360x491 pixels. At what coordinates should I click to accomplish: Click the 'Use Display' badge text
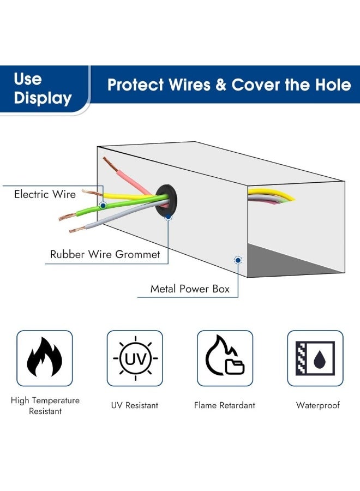[43, 88]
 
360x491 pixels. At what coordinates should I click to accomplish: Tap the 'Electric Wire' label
[45, 194]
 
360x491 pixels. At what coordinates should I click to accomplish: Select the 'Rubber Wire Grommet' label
[105, 254]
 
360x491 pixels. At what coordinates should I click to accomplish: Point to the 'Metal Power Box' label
[190, 289]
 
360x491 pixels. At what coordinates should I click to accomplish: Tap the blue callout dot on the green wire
[103, 205]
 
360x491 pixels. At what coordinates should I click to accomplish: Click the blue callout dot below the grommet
[168, 217]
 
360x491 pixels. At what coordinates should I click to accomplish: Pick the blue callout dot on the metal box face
[238, 260]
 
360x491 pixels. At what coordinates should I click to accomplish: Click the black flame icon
[45, 358]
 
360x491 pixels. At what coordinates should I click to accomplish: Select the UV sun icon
[135, 358]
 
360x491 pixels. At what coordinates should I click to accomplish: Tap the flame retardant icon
[225, 358]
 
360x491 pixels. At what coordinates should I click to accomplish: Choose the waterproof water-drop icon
[315, 358]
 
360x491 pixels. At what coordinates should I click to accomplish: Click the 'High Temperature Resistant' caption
[45, 405]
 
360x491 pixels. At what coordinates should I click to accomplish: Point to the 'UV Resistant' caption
[135, 405]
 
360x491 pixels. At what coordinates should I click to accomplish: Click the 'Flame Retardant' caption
[225, 405]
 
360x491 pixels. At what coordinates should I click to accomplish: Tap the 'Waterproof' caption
[318, 405]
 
